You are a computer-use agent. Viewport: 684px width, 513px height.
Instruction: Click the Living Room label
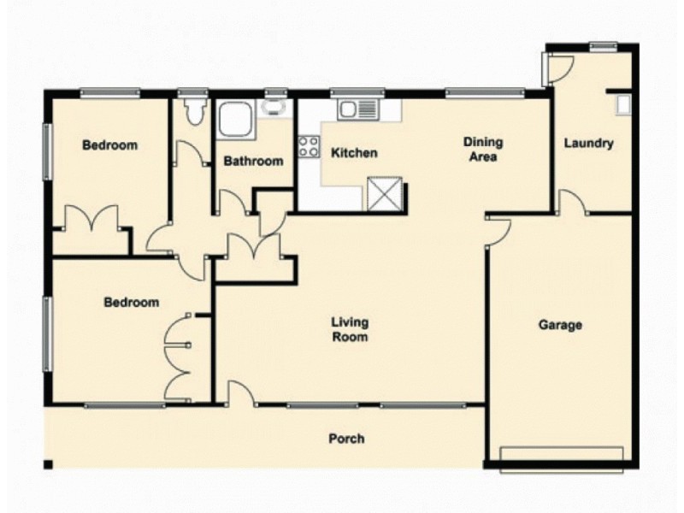[x=351, y=329]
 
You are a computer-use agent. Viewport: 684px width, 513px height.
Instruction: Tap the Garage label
[x=560, y=325]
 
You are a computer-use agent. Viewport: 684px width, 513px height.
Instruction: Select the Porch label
[x=346, y=439]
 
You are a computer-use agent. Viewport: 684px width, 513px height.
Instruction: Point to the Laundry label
[x=588, y=144]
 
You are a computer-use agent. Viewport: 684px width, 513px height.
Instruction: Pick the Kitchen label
[x=354, y=154]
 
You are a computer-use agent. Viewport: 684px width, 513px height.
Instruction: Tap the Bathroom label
[x=252, y=161]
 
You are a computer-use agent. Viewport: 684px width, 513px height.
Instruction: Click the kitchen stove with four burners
[x=309, y=146]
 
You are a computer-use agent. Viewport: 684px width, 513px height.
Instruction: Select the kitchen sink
[x=357, y=109]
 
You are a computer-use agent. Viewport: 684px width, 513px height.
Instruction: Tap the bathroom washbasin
[x=274, y=109]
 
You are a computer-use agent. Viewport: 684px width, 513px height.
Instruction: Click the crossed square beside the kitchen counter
[x=383, y=193]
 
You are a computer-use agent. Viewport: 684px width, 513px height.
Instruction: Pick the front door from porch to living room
[x=240, y=394]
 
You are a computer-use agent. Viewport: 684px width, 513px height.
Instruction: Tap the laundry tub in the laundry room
[x=624, y=104]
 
